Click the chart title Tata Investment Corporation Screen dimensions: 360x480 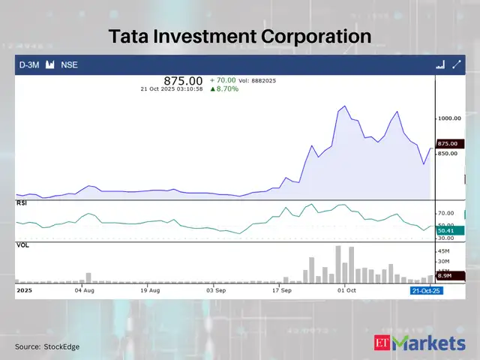[240, 37]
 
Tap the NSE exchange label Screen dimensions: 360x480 [69, 65]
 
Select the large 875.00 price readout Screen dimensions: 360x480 [184, 80]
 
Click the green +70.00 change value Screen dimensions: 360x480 [223, 79]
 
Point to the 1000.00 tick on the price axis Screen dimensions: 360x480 [451, 118]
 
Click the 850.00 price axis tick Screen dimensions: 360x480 [449, 153]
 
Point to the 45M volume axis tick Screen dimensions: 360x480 [444, 250]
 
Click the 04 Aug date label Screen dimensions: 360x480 [84, 289]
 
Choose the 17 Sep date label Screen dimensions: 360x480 [282, 289]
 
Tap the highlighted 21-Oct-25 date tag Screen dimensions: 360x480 [425, 289]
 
